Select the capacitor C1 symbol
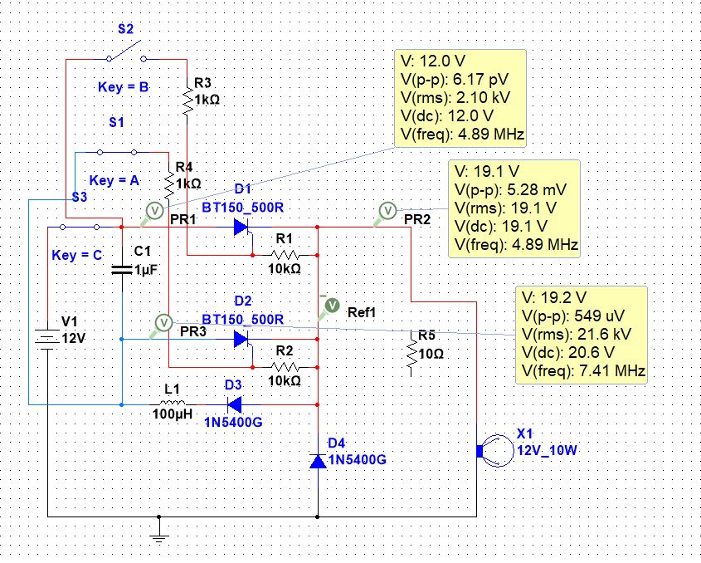tap(122, 269)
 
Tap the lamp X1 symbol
tap(496, 451)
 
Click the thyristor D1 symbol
tap(242, 228)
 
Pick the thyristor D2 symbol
tap(242, 340)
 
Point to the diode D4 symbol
tap(318, 461)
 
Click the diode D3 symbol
tap(234, 404)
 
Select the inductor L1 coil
tap(173, 403)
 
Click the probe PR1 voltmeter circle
tap(154, 210)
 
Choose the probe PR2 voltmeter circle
tap(387, 210)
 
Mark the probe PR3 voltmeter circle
tap(163, 322)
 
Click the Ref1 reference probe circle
tap(332, 306)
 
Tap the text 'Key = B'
tap(124, 87)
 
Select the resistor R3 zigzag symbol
tap(187, 101)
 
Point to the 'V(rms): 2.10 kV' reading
tap(455, 97)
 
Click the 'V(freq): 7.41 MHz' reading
tap(583, 370)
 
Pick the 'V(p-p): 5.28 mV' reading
tap(510, 190)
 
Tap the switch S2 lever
tap(125, 50)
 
